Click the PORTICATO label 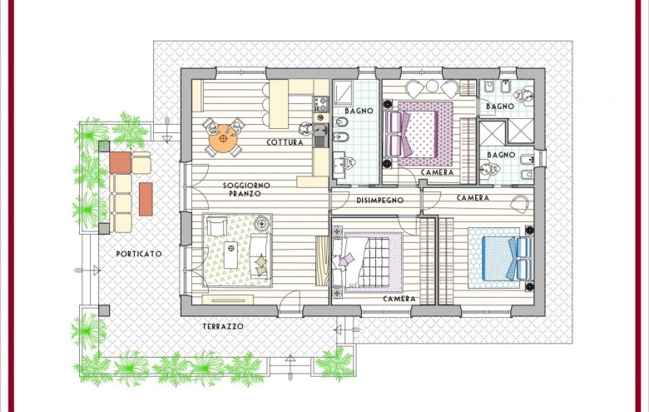(139, 254)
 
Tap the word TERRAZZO (223, 327)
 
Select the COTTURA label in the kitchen (285, 142)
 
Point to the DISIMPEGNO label (380, 201)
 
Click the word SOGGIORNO (246, 186)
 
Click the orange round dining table (223, 138)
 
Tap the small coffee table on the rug (231, 255)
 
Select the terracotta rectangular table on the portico (146, 199)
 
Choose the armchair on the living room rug (217, 226)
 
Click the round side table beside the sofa (262, 224)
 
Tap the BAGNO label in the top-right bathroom (500, 107)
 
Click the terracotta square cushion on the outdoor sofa (121, 163)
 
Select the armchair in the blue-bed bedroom (520, 204)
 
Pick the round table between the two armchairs (432, 86)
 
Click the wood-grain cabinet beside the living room (323, 261)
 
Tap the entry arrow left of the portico (87, 271)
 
